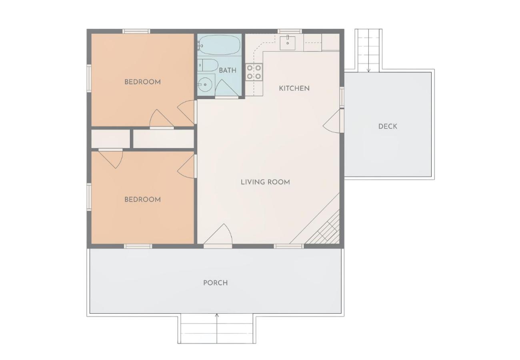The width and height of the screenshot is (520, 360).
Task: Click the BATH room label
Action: pyautogui.click(x=228, y=70)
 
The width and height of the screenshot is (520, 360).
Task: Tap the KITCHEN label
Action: pyautogui.click(x=294, y=88)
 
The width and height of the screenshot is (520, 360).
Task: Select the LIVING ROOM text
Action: pyautogui.click(x=265, y=182)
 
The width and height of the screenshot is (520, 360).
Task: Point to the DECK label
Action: pyautogui.click(x=388, y=126)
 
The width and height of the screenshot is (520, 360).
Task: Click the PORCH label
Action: pyautogui.click(x=216, y=283)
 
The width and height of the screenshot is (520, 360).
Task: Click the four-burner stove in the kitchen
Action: pyautogui.click(x=254, y=72)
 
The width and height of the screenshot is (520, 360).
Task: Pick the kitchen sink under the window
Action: pyautogui.click(x=287, y=43)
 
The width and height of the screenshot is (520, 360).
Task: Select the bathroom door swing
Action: pyautogui.click(x=226, y=88)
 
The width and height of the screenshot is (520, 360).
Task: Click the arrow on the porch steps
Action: pyautogui.click(x=217, y=328)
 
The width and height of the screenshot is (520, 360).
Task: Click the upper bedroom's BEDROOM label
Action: pyautogui.click(x=142, y=82)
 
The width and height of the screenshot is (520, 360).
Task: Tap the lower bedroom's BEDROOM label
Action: pyautogui.click(x=142, y=200)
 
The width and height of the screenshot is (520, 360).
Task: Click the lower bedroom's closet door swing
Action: pyautogui.click(x=111, y=158)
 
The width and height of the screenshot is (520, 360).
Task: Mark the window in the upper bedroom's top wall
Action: pyautogui.click(x=136, y=31)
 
